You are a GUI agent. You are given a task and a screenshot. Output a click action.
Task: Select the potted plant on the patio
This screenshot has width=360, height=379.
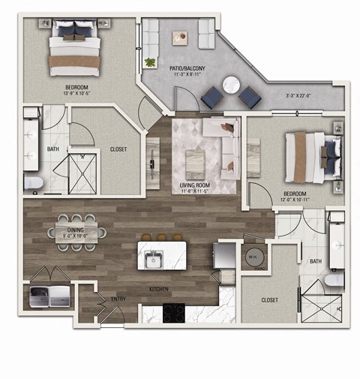pos(150,62)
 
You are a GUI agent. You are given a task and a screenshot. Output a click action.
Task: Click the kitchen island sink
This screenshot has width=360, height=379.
pos(155,261)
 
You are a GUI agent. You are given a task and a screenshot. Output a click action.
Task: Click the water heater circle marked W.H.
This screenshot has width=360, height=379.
pos(255,254)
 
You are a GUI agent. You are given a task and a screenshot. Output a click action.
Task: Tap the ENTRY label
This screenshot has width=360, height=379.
pos(118,299)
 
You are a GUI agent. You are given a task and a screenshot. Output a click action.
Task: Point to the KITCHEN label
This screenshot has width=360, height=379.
pos(157,288)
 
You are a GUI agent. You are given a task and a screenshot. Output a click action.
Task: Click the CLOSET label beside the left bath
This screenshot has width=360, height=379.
pos(118,149)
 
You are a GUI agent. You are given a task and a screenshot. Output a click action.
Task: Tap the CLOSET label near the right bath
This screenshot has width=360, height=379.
pos(269,299)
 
